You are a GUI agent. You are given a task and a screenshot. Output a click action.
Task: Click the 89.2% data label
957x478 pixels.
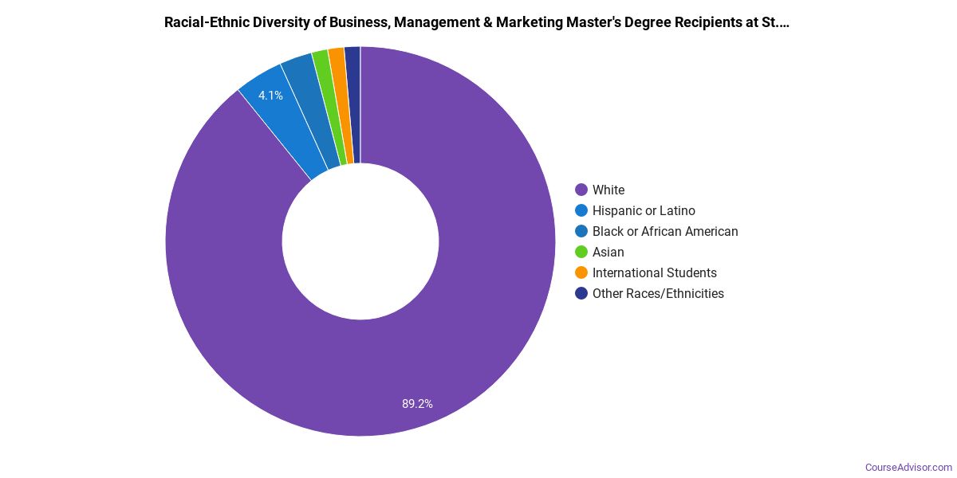(x=417, y=404)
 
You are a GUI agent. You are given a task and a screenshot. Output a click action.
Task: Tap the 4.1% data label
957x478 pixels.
(x=270, y=96)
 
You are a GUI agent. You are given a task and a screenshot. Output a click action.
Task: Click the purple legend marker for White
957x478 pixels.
(x=581, y=190)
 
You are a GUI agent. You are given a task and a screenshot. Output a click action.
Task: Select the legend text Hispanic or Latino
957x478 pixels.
(x=644, y=210)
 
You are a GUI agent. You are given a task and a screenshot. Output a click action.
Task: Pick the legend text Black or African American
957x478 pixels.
(x=665, y=231)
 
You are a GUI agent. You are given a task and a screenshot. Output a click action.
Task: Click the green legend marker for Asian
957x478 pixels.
(x=581, y=252)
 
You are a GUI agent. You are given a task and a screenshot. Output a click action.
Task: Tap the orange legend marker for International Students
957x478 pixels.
(x=581, y=272)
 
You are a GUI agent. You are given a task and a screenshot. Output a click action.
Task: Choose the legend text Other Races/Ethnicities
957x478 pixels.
(x=658, y=293)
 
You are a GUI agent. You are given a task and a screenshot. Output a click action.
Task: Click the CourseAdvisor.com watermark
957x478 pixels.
(x=908, y=467)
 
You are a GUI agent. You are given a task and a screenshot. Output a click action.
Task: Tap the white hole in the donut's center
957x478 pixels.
(x=360, y=241)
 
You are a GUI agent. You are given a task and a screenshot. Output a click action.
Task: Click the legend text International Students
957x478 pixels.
(x=655, y=272)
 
